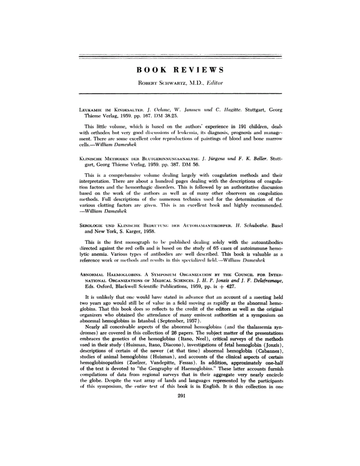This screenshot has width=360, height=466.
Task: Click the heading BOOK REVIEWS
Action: point(180,70)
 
